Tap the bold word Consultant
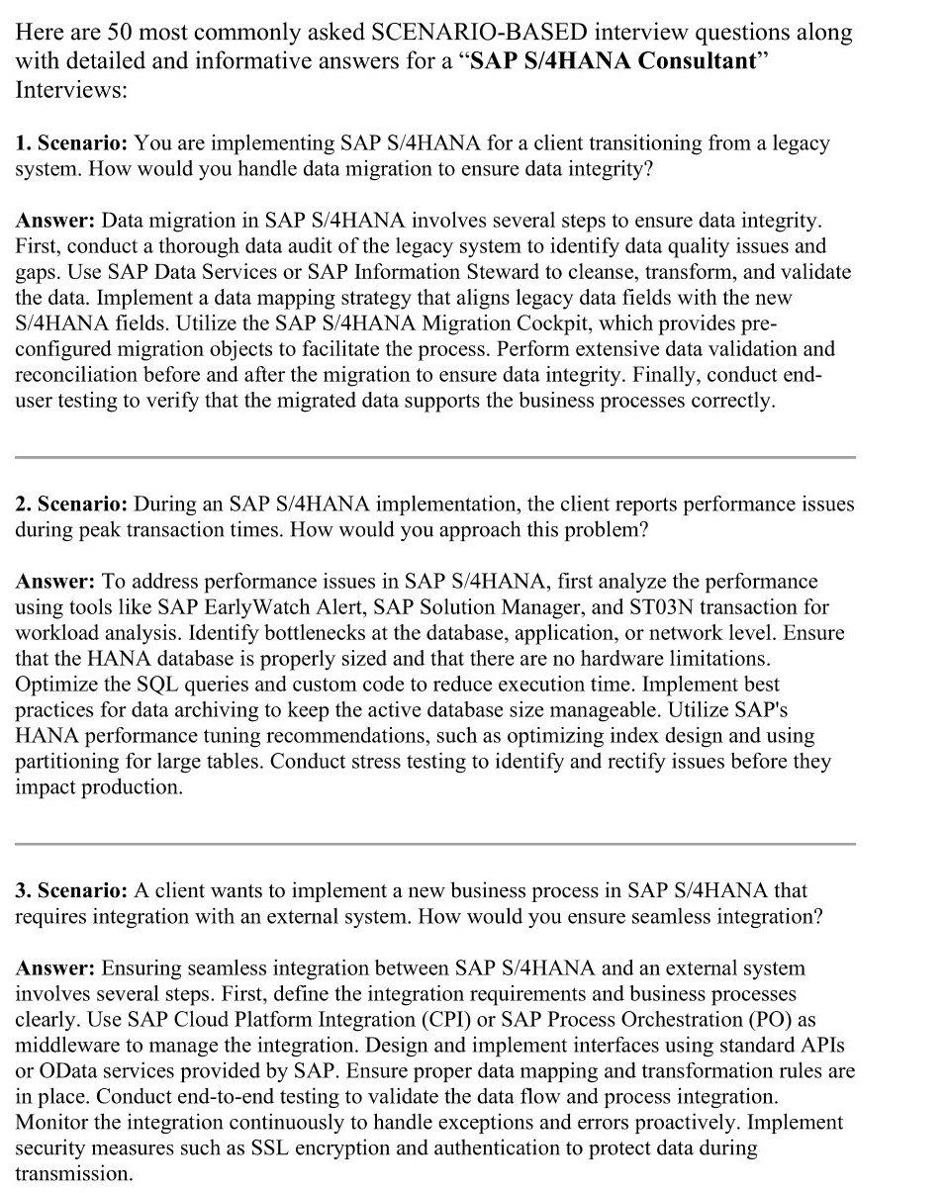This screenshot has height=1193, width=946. coord(696,60)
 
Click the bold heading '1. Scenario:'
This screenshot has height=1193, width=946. coord(70,143)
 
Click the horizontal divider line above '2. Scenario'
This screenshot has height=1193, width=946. coord(435,457)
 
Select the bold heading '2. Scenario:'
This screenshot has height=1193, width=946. coord(70,505)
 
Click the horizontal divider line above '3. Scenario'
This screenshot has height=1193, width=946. coord(435,844)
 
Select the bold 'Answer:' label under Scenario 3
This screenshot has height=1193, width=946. coord(55,967)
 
